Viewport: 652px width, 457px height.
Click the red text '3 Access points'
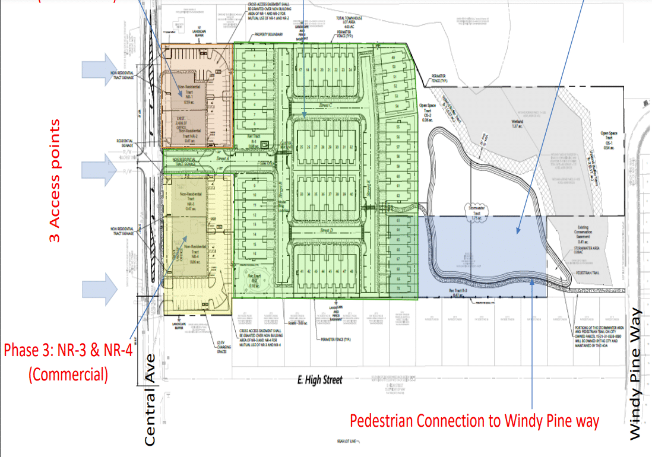point(55,181)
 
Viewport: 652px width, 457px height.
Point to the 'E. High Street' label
point(320,380)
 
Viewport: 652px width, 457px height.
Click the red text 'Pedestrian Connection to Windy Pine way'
point(474,421)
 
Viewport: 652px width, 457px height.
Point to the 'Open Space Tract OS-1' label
point(608,140)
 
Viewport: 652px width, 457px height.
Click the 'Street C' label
point(324,105)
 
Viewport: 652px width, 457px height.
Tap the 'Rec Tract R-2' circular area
point(255,279)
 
